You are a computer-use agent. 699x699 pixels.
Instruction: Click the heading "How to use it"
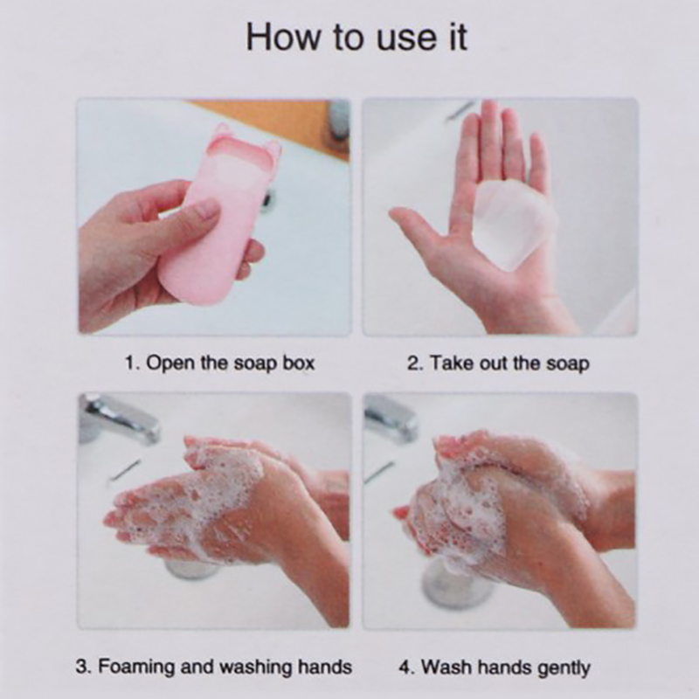point(356,38)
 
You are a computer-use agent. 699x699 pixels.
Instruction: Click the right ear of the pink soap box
point(273,149)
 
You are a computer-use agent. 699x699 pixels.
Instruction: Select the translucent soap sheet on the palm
point(515,224)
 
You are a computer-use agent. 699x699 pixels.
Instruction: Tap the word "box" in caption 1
point(298,363)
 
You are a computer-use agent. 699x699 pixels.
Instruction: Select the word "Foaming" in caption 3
point(136,667)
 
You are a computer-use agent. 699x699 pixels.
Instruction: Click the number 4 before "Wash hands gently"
point(405,668)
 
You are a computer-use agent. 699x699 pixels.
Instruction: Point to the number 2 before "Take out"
point(412,363)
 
